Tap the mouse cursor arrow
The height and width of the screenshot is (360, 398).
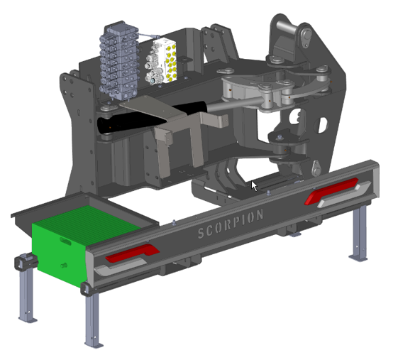point(254,186)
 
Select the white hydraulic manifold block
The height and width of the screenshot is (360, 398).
point(162,61)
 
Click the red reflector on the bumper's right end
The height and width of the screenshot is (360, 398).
point(331,191)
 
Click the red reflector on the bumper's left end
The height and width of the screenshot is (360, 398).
point(133,253)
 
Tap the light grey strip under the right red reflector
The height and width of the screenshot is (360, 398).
point(344,195)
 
